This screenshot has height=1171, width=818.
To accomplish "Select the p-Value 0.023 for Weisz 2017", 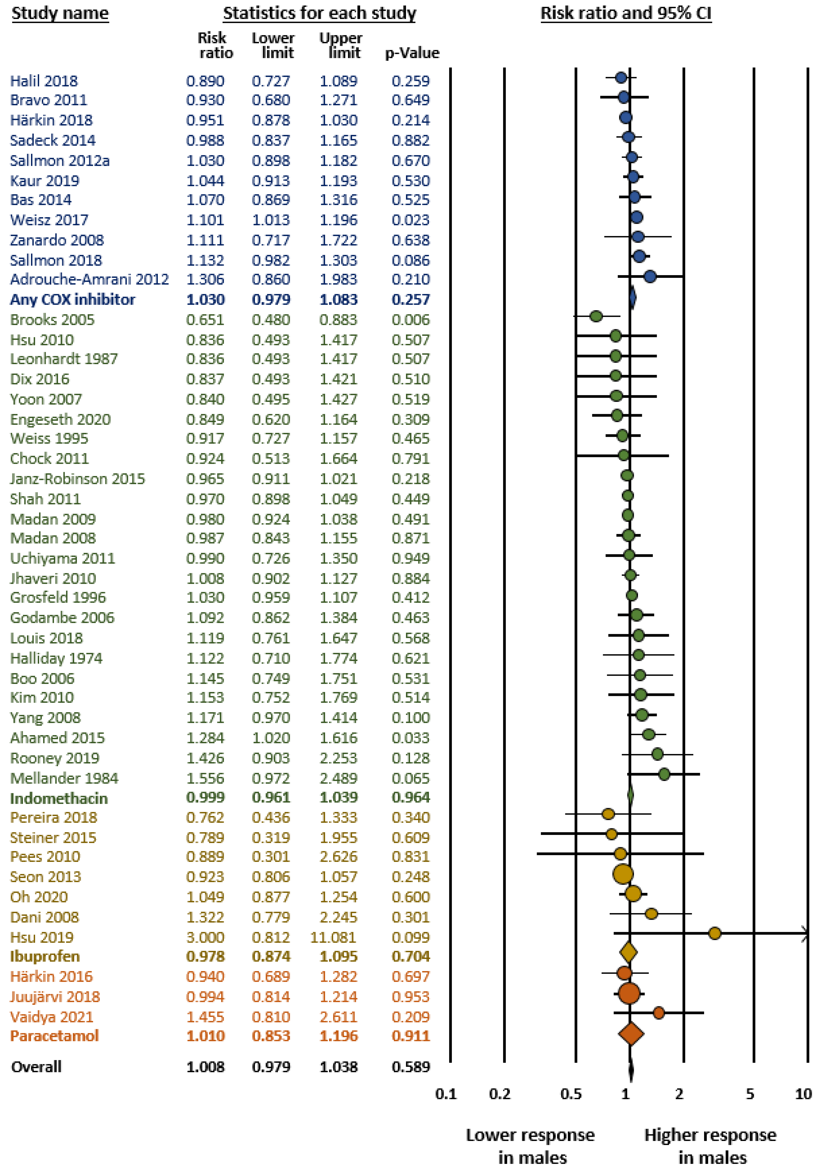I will (410, 220).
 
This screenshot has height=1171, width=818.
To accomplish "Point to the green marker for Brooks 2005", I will (596, 316).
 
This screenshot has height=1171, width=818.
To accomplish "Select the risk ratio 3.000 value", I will (205, 937).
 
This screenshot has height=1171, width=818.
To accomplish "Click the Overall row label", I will (36, 1066).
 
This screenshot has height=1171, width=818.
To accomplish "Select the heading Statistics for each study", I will (319, 13).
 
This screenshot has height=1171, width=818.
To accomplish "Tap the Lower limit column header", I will (273, 45).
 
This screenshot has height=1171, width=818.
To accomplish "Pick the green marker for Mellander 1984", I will (663, 774).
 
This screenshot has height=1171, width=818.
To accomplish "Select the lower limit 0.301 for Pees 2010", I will (271, 856).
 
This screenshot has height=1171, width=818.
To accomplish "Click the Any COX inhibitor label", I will (72, 299).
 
